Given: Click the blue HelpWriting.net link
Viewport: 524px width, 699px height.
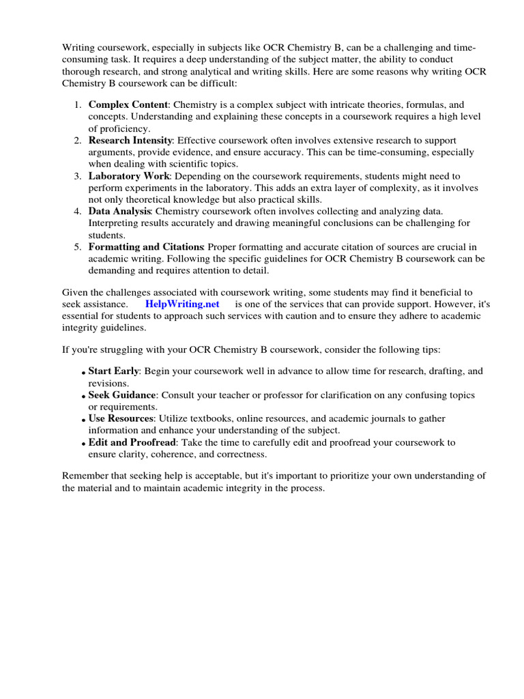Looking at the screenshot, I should pyautogui.click(x=182, y=304).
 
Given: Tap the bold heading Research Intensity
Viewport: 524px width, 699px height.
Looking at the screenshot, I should pyautogui.click(x=131, y=140).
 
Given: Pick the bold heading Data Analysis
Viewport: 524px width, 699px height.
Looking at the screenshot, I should pyautogui.click(x=119, y=211).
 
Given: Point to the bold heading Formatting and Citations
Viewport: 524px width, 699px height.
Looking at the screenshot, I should pyautogui.click(x=146, y=246).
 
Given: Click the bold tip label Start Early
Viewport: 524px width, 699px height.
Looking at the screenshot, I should pyautogui.click(x=113, y=371).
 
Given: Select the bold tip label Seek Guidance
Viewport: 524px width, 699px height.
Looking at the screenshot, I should pyautogui.click(x=122, y=395).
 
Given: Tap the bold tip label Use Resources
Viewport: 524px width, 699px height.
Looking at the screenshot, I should pyautogui.click(x=120, y=418).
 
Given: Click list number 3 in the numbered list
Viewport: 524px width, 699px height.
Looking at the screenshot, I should pyautogui.click(x=78, y=175).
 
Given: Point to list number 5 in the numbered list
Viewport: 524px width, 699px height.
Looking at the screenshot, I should pyautogui.click(x=78, y=246).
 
